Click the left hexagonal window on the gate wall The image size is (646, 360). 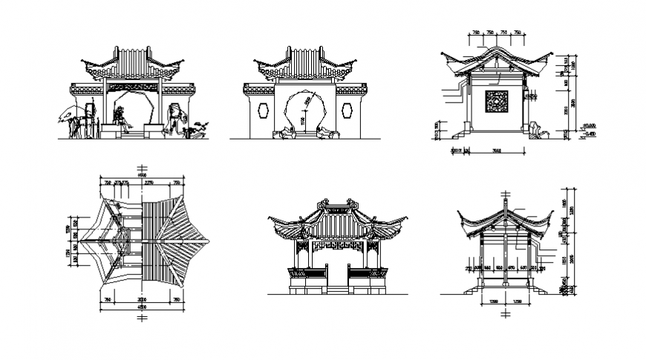tap(263, 110)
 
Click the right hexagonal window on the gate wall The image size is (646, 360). tap(348, 110)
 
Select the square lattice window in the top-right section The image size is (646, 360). tap(496, 102)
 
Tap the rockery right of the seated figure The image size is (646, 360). tap(177, 117)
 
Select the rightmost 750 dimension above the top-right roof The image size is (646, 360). tap(518, 33)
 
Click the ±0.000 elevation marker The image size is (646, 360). tap(590, 126)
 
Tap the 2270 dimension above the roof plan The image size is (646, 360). tap(149, 182)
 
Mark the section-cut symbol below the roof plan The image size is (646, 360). tap(143, 317)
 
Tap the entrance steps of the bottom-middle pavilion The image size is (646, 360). tap(338, 288)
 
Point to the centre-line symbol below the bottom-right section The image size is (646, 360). tap(506, 314)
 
